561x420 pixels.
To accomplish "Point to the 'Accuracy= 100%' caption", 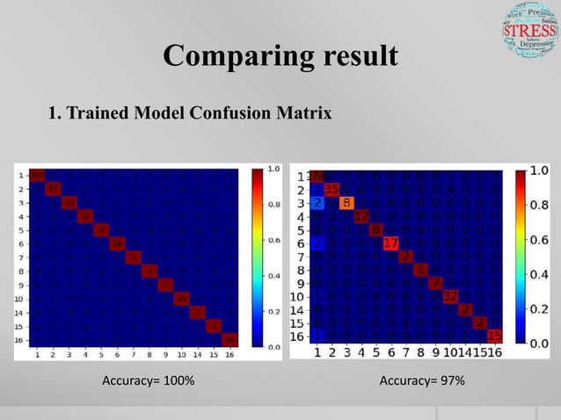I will click(149, 380).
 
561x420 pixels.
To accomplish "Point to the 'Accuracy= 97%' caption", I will click(421, 380).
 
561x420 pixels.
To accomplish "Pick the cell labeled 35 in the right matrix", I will click(331, 189).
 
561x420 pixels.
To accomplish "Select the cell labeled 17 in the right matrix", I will click(391, 243).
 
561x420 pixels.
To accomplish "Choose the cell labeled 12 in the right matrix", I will click(361, 216).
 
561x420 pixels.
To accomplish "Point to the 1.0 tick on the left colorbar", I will click(274, 168).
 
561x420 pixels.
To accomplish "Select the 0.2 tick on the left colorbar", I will click(274, 310).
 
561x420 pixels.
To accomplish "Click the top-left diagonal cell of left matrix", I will click(38, 175).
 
